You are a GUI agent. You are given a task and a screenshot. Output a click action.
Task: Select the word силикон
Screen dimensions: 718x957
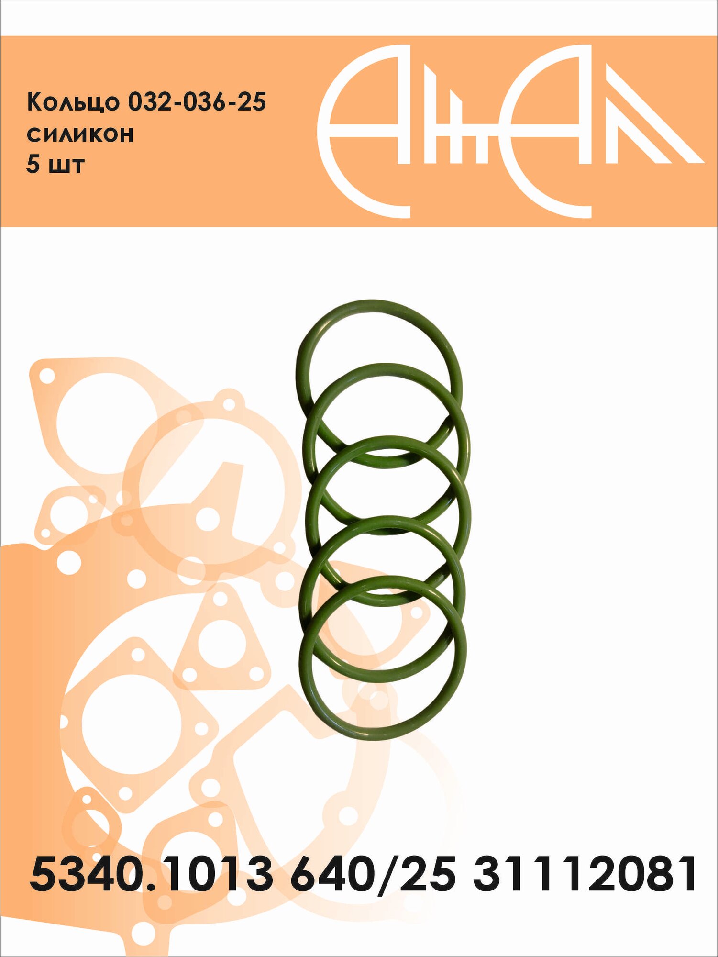point(80,134)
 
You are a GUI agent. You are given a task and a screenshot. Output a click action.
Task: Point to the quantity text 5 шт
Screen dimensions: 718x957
point(55,164)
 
